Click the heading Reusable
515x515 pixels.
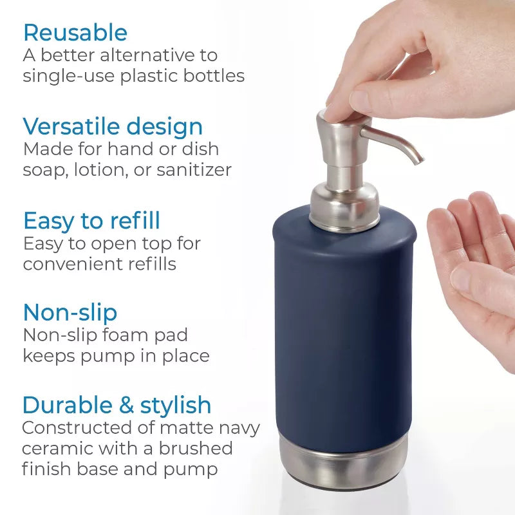pyautogui.click(x=75, y=32)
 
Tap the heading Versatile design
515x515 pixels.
pyautogui.click(x=113, y=126)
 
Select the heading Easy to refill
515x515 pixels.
pyautogui.click(x=91, y=221)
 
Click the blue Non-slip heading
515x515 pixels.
pyautogui.click(x=70, y=312)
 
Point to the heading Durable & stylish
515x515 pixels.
pyautogui.click(x=117, y=405)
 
